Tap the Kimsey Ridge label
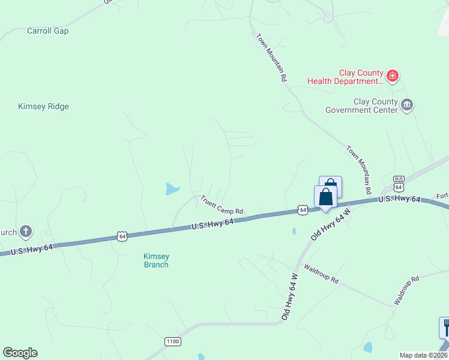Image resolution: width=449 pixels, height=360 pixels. click(43, 106)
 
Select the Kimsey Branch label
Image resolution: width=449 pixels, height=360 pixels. click(155, 260)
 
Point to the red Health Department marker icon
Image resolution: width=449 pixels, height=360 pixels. click(392, 76)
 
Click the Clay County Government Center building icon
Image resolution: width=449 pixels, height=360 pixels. click(407, 106)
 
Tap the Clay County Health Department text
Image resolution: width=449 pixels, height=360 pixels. click(345, 76)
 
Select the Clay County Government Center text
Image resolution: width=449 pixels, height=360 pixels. click(361, 106)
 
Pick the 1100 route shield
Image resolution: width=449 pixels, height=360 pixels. click(172, 341)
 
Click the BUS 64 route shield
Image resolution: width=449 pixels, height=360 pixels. click(399, 184)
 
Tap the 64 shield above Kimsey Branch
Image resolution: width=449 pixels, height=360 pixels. click(122, 236)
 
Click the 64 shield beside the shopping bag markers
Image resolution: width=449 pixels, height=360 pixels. click(303, 210)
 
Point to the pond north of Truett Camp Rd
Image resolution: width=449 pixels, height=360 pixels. click(172, 190)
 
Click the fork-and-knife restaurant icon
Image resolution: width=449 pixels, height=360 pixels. click(445, 327)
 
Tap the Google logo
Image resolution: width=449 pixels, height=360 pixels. click(20, 353)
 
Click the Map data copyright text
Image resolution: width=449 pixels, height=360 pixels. click(423, 355)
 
